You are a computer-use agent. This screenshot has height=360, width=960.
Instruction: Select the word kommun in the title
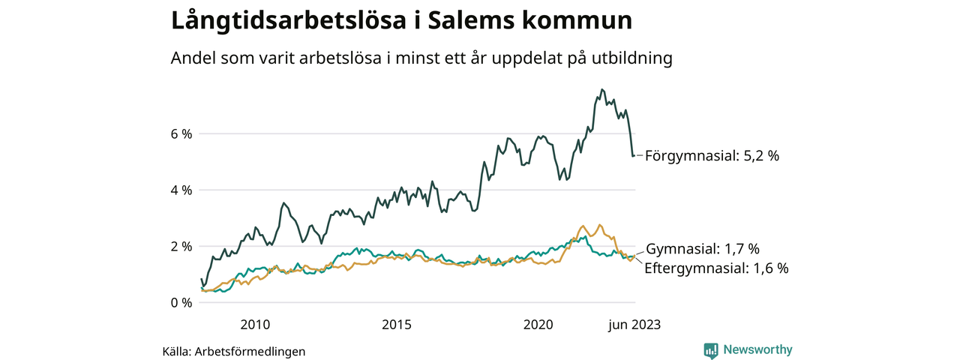pyautogui.click(x=582, y=20)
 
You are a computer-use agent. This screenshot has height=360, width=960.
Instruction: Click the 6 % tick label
pyautogui.click(x=181, y=133)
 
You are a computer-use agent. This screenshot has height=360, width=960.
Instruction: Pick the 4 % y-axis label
pyautogui.click(x=181, y=190)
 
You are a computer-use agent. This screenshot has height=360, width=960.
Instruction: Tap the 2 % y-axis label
pyautogui.click(x=181, y=246)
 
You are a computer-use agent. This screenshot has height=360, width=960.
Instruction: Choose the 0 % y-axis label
pyautogui.click(x=181, y=302)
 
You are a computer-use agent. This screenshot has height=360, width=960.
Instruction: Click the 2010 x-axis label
pyautogui.click(x=255, y=325)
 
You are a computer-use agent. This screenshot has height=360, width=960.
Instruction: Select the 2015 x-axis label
pyautogui.click(x=397, y=325)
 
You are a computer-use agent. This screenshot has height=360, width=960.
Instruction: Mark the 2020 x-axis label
pyautogui.click(x=538, y=325)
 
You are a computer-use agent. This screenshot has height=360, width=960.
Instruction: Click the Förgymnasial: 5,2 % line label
pyautogui.click(x=712, y=156)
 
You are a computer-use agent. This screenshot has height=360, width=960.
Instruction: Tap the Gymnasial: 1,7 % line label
pyautogui.click(x=703, y=248)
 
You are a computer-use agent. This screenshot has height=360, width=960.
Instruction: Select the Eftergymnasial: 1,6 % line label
pyautogui.click(x=716, y=268)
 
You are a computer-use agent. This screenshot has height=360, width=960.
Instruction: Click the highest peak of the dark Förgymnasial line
pyautogui.click(x=601, y=89)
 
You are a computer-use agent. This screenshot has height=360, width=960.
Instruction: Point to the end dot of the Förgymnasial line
pyautogui.click(x=633, y=156)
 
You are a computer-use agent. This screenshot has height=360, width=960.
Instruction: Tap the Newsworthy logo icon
pyautogui.click(x=711, y=349)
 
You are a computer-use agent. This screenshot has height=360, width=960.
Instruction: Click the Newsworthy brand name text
pyautogui.click(x=757, y=349)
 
